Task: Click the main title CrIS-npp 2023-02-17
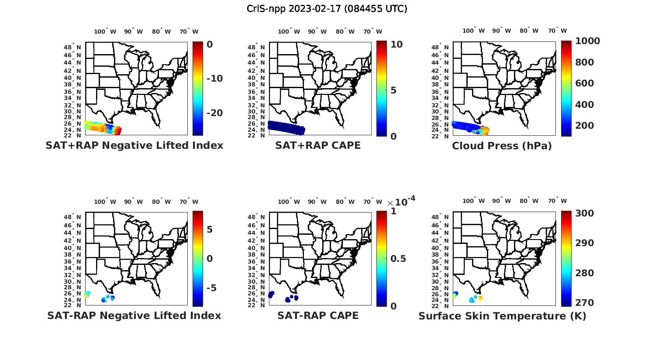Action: (x=327, y=9)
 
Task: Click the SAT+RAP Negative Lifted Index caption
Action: (x=134, y=145)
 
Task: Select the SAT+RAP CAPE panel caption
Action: (x=318, y=145)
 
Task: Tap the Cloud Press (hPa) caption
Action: (x=502, y=146)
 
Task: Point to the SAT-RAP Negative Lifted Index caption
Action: (x=134, y=315)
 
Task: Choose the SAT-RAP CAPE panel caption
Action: (x=318, y=315)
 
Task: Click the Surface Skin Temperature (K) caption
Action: (x=502, y=316)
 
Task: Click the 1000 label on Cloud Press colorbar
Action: (x=587, y=41)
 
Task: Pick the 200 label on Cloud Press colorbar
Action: (x=585, y=126)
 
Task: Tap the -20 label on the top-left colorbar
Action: (x=214, y=113)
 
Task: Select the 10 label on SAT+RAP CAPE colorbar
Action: (x=396, y=45)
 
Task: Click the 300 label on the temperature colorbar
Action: (x=585, y=213)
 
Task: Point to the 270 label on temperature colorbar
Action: (x=585, y=302)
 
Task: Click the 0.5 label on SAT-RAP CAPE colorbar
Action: (x=398, y=259)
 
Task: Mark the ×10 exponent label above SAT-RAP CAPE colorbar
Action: (x=401, y=202)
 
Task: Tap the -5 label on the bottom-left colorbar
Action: (x=211, y=288)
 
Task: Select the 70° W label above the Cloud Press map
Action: (x=558, y=31)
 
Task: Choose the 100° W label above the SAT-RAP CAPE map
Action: (x=289, y=202)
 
